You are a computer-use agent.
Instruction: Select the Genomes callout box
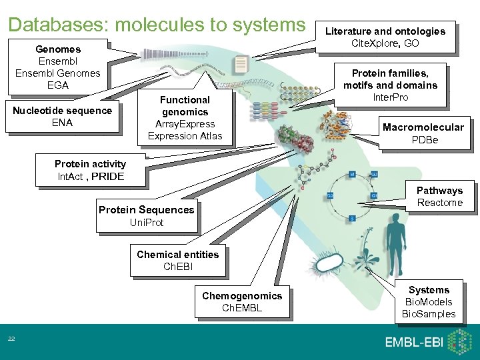58,67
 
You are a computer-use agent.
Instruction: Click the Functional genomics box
185,118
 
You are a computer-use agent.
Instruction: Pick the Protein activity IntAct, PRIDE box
91,171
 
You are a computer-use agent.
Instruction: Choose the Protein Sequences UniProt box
147,215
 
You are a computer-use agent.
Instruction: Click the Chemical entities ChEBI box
177,261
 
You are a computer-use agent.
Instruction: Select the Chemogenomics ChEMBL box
242,302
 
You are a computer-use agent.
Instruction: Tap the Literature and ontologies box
385,37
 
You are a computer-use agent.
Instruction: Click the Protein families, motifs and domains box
390,85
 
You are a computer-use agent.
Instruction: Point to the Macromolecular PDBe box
423,133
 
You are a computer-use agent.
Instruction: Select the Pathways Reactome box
439,197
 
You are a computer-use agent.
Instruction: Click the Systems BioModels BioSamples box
429,302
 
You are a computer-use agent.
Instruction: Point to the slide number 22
11,340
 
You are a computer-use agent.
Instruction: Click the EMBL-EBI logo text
412,343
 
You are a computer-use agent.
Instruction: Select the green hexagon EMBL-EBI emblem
459,342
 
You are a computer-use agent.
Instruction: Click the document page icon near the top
241,65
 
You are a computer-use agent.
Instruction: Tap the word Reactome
439,203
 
